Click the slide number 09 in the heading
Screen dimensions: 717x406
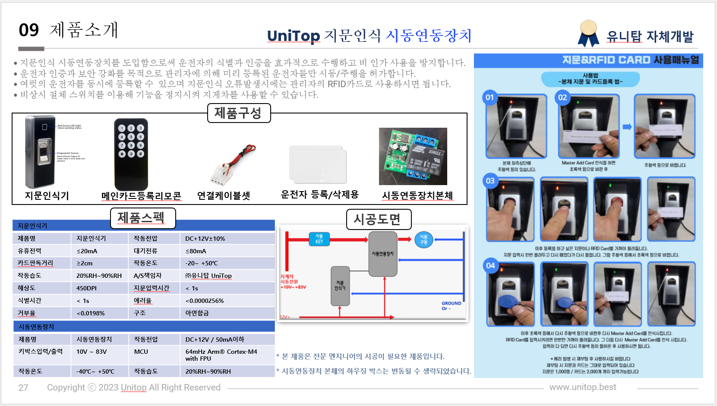(x=29, y=30)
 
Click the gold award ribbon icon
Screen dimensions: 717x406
(x=588, y=32)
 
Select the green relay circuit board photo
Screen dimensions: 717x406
(x=413, y=156)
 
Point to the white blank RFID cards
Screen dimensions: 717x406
(x=319, y=164)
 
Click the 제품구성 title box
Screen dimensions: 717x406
(x=239, y=113)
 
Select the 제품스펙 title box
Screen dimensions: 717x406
(x=143, y=218)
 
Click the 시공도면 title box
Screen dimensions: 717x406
(x=379, y=220)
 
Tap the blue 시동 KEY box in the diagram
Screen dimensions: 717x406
(x=319, y=239)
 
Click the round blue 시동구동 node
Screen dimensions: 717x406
(x=423, y=240)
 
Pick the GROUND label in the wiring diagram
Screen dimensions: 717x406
(x=451, y=304)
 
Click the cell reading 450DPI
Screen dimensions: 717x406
(x=86, y=288)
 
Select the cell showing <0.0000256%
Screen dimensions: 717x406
(x=205, y=301)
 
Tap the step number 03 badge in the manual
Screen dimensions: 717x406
(x=490, y=181)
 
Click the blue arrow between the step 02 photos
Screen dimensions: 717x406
(x=627, y=127)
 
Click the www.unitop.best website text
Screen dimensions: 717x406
(x=582, y=387)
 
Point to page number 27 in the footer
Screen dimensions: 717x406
(x=23, y=387)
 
